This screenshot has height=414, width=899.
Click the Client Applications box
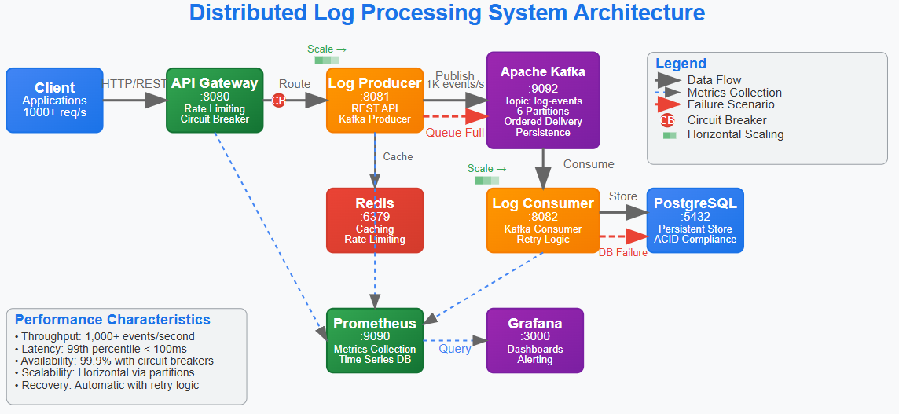coord(55,100)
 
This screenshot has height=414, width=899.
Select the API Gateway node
coord(215,100)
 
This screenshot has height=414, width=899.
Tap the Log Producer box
coord(374,100)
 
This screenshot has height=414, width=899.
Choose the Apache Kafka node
coord(543,100)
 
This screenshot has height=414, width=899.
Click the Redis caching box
coord(374,220)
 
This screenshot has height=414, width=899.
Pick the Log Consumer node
coord(543,220)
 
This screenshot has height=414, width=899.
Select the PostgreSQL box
coord(695,220)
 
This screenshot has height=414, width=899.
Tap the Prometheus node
coord(374,340)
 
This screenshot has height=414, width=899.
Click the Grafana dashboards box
coord(534,340)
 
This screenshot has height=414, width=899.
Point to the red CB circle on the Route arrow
coord(278,100)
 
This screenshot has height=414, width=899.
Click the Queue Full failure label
coord(455,133)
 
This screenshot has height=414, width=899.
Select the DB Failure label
coord(623,252)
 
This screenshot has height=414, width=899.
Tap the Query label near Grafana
coord(455,349)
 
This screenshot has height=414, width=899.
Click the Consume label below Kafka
coord(589,164)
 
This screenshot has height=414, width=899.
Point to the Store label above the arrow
coord(623,196)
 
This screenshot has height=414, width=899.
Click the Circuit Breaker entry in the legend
coord(726,120)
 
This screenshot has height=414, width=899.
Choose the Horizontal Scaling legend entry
coord(735,134)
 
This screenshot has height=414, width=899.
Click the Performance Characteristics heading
coord(112,320)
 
